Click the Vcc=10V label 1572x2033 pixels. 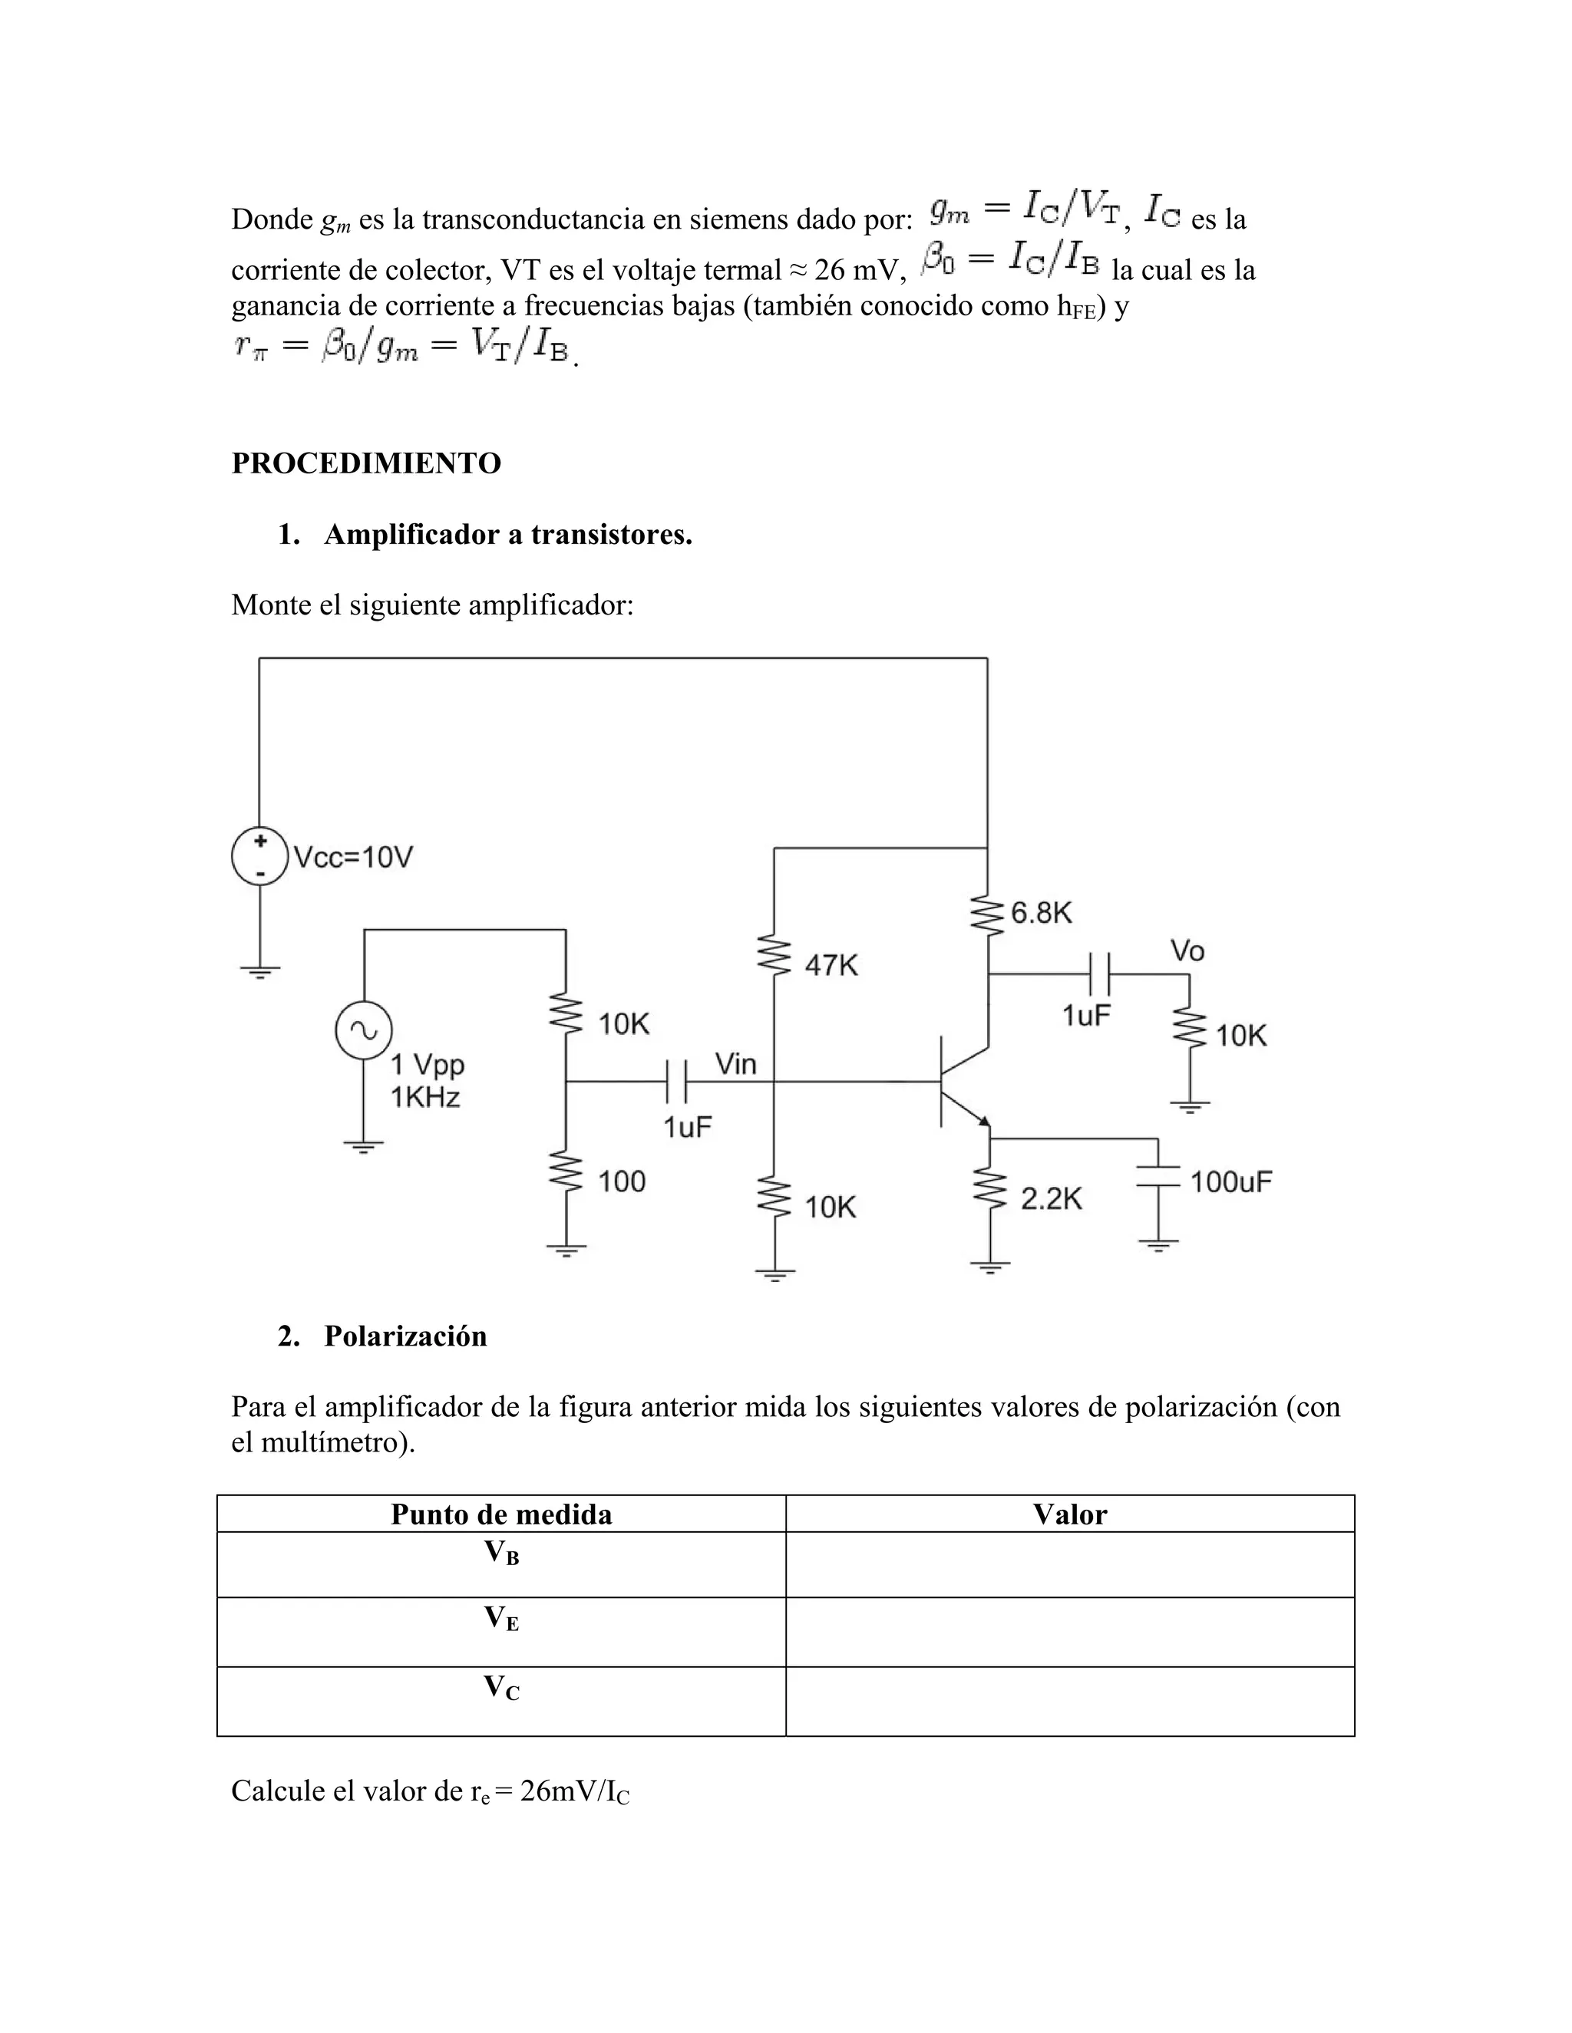(353, 858)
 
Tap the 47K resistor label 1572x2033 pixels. (831, 965)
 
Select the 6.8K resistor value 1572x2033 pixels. (1041, 913)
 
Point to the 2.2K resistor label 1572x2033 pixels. (1052, 1199)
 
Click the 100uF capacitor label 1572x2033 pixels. (1231, 1182)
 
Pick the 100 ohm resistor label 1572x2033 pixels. (621, 1181)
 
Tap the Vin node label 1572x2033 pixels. (735, 1063)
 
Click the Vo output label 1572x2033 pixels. (1187, 951)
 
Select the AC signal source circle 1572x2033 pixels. (363, 1030)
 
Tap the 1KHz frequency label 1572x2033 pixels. (425, 1098)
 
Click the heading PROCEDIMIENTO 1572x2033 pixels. (366, 463)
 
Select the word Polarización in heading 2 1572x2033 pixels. (405, 1336)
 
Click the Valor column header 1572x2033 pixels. (1069, 1514)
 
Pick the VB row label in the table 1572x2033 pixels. (501, 1553)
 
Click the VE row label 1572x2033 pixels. (501, 1619)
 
